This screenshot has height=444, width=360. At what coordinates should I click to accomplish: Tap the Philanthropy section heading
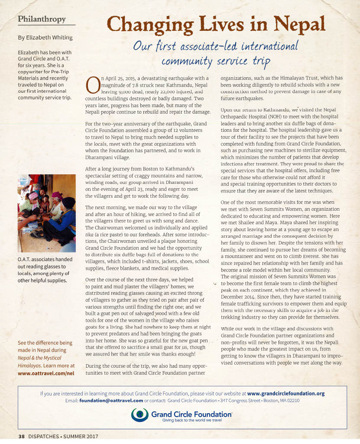point(42,20)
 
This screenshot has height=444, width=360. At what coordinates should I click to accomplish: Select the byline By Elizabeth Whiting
point(45,37)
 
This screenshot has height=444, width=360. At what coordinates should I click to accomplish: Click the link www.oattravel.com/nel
point(45,372)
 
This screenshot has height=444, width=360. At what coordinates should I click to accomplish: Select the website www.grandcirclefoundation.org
point(286,394)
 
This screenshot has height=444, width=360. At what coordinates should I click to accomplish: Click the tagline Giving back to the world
point(191,420)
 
